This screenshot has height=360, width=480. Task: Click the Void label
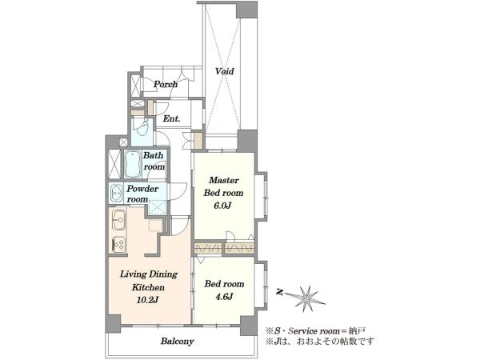[x=224, y=71]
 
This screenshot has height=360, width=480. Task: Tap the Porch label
[x=166, y=84]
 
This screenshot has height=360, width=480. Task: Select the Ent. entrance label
[x=171, y=118]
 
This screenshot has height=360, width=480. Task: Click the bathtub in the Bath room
[x=133, y=164]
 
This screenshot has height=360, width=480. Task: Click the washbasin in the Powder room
[x=116, y=194]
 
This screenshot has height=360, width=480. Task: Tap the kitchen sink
[x=118, y=219]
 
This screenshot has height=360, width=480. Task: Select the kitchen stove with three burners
[x=118, y=245]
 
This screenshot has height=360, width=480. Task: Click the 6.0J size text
[x=222, y=206]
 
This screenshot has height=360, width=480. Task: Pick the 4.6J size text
[x=224, y=297]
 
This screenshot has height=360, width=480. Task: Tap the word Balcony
[x=178, y=342]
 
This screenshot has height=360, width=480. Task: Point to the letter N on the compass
[x=279, y=292]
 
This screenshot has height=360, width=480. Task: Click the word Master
[x=224, y=180]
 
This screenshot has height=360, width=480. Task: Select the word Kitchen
[x=148, y=287]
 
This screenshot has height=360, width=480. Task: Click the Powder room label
[x=142, y=194]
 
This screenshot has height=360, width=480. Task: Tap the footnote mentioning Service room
[x=315, y=330]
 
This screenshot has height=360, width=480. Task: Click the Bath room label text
[x=154, y=161]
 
